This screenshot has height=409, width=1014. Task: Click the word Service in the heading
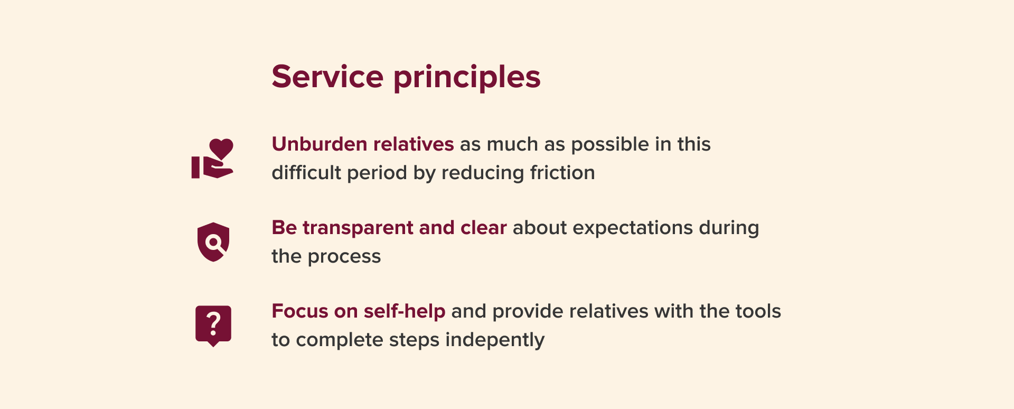pos(327,77)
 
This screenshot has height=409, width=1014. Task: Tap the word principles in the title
pos(467,78)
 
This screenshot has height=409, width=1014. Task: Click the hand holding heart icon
pos(212,159)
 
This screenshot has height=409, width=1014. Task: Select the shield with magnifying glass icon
pos(213,242)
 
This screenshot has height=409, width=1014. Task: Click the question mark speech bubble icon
pos(213,326)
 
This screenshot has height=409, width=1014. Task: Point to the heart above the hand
pos(221,148)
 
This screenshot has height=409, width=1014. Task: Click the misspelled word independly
pos(495,340)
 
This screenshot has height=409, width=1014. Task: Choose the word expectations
pos(633,228)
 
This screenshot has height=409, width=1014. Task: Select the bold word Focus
pos(300,311)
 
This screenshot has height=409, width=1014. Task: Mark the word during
pos(729,228)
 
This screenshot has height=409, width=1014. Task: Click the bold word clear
pos(484,228)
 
